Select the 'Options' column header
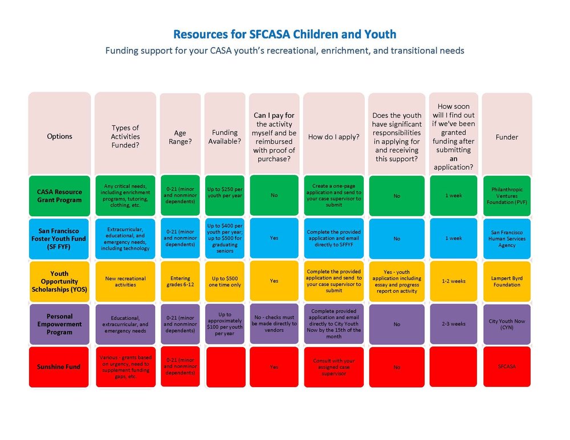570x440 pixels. pyautogui.click(x=60, y=136)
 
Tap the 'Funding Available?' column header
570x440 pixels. pyautogui.click(x=225, y=137)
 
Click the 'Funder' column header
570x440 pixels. pyautogui.click(x=507, y=137)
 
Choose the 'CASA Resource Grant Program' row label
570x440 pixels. pyautogui.click(x=60, y=196)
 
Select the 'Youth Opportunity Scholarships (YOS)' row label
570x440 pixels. pyautogui.click(x=60, y=281)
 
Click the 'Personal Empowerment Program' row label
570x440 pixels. pyautogui.click(x=60, y=324)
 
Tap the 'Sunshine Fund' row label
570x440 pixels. pyautogui.click(x=60, y=367)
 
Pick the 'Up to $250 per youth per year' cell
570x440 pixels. pyautogui.click(x=225, y=196)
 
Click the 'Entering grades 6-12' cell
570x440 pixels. pyautogui.click(x=180, y=281)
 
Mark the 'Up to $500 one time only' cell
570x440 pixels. pyautogui.click(x=225, y=281)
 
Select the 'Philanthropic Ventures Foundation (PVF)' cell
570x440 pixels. pyautogui.click(x=507, y=196)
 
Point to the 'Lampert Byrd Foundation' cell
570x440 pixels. pyautogui.click(x=507, y=281)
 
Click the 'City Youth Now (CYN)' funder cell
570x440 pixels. pyautogui.click(x=507, y=324)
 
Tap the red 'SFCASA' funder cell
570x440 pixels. pyautogui.click(x=507, y=367)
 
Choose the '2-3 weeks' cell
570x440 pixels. pyautogui.click(x=454, y=324)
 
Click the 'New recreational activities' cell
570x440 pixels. pyautogui.click(x=125, y=281)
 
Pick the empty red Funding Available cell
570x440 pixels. pyautogui.click(x=225, y=367)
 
